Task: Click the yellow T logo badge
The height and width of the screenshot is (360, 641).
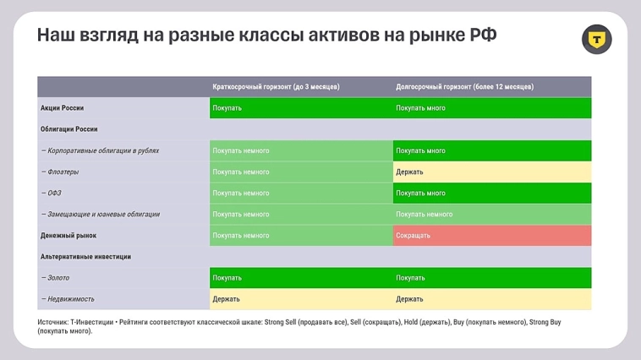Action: click(x=597, y=39)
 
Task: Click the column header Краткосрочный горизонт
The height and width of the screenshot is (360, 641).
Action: click(x=276, y=87)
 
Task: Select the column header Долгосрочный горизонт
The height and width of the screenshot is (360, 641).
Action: click(x=464, y=87)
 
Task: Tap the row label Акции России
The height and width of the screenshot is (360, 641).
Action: click(x=62, y=108)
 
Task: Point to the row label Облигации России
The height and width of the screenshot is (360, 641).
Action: click(x=68, y=129)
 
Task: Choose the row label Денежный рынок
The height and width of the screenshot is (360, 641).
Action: click(x=68, y=236)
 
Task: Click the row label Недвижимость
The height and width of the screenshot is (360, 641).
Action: click(x=67, y=299)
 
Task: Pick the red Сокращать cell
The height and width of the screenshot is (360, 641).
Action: click(x=491, y=236)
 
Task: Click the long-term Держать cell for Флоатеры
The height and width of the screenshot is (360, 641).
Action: click(x=491, y=172)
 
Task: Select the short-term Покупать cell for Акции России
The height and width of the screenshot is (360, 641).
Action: click(x=300, y=108)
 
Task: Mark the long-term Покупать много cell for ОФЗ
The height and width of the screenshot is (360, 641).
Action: click(x=491, y=194)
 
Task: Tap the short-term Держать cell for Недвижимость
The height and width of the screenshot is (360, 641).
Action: click(x=300, y=299)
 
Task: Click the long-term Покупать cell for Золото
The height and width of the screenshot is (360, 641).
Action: click(x=491, y=278)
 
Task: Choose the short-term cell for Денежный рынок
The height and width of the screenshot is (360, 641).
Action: click(x=300, y=236)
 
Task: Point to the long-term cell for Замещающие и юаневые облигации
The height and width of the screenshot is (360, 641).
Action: click(x=491, y=215)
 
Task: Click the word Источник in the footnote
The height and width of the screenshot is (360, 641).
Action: click(x=52, y=322)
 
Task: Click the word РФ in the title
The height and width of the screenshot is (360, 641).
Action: click(x=483, y=36)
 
